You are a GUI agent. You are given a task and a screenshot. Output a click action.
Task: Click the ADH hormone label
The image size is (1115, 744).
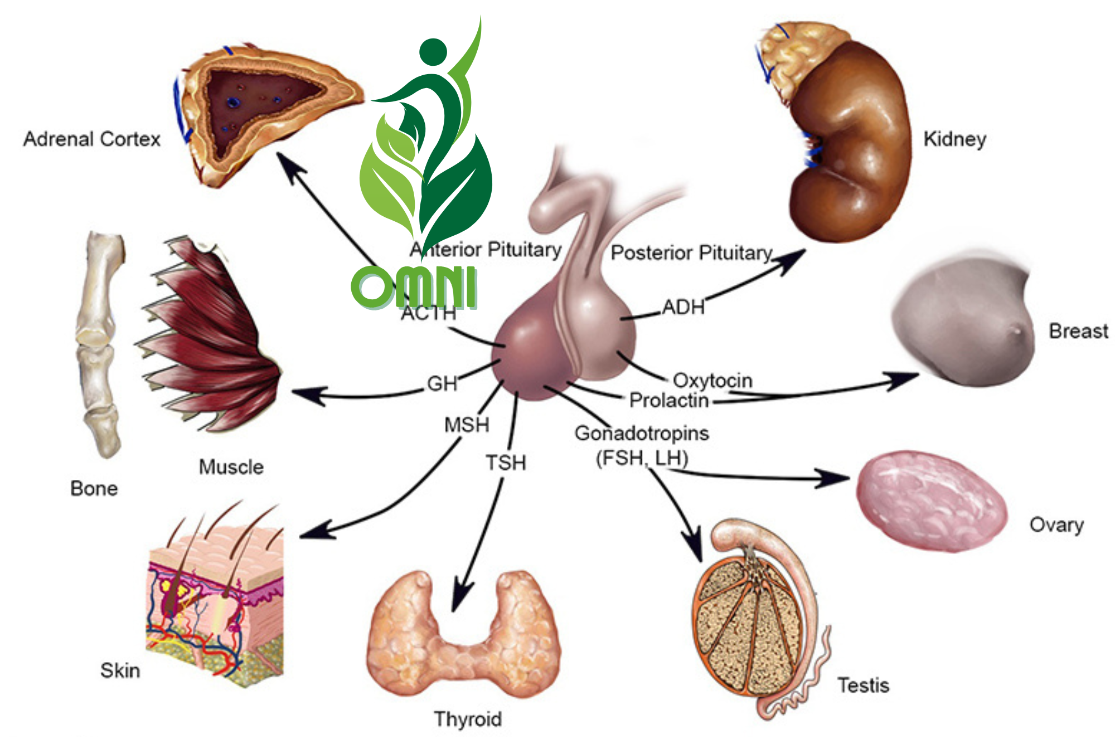683,307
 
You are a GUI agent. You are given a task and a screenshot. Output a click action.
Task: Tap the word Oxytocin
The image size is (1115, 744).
712,381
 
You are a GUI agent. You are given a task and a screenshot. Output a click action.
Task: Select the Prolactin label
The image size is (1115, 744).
668,400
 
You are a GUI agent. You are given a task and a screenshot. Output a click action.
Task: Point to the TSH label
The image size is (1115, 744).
506,463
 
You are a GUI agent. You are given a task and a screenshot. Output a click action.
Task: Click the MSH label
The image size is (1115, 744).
467,425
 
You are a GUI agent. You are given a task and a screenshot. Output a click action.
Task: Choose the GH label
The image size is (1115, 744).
442,383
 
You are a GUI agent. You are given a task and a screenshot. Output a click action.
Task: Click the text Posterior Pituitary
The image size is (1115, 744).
691,252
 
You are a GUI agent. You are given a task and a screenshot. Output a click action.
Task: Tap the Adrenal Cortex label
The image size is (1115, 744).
92,139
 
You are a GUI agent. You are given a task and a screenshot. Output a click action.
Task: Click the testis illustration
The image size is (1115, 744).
753,619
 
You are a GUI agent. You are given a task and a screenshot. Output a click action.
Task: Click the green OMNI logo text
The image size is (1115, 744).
414,287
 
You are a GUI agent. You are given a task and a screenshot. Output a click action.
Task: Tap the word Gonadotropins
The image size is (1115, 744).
642,433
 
